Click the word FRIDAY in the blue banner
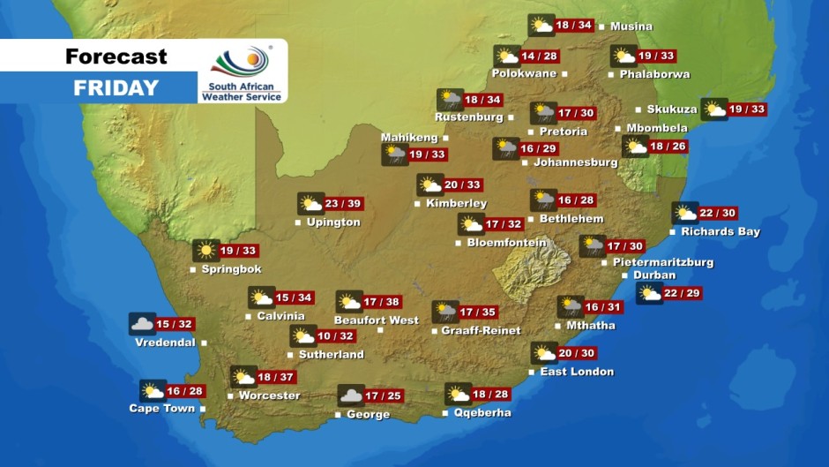click(x=116, y=88)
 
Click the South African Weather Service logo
click(x=241, y=72)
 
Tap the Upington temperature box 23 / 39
click(x=343, y=204)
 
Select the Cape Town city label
click(x=161, y=409)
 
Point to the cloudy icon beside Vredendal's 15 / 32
click(x=142, y=324)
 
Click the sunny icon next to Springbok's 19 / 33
click(x=205, y=251)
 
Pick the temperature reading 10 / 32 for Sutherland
click(x=335, y=336)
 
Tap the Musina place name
click(x=631, y=26)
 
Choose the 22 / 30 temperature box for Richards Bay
click(x=717, y=214)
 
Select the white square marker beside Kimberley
click(x=416, y=204)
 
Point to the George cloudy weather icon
click(x=350, y=396)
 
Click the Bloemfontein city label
click(x=507, y=243)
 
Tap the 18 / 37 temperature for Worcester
click(x=275, y=377)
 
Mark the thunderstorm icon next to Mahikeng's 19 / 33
click(x=394, y=155)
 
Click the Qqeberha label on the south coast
click(x=482, y=412)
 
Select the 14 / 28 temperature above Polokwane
click(x=540, y=56)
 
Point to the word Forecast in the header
click(x=116, y=56)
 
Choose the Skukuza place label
click(x=671, y=109)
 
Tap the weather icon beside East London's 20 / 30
click(x=543, y=354)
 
